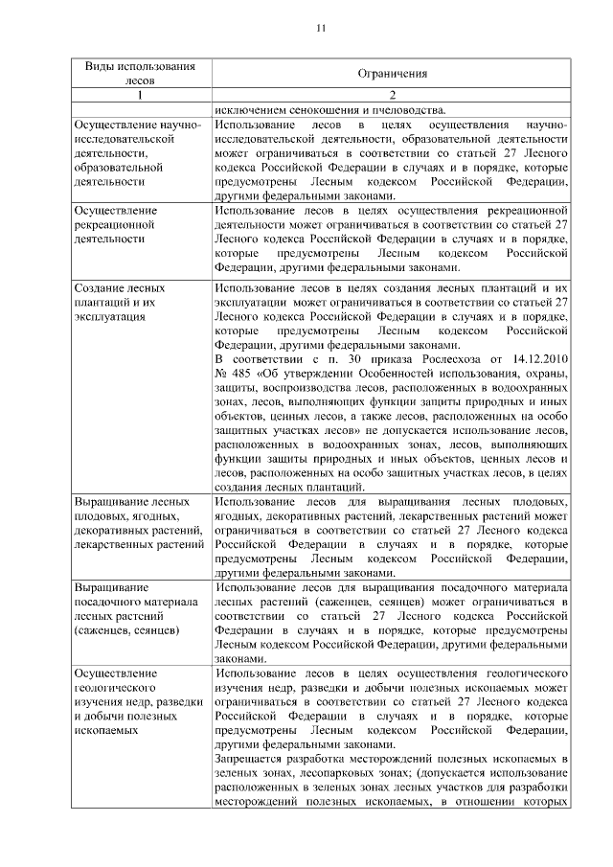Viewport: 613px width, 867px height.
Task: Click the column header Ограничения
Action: click(x=392, y=74)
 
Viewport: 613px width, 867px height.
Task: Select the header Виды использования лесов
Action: click(x=140, y=74)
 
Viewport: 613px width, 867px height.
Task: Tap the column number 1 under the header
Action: click(x=141, y=96)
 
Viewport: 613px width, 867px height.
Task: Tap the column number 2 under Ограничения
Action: click(x=392, y=96)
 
